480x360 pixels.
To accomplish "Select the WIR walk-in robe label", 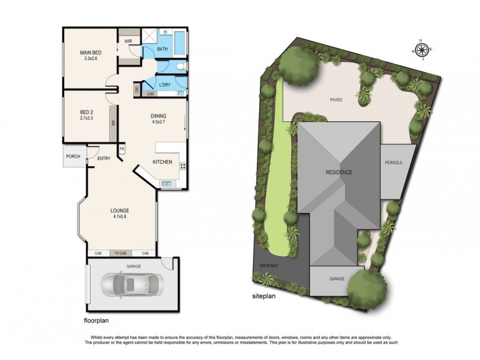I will coord(128,41).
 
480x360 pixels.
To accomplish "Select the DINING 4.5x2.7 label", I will coord(158,119).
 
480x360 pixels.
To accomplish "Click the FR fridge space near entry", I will coord(122,149).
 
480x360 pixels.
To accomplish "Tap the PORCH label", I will coord(73,157).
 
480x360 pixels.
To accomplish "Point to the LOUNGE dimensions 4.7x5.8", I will coord(120,217).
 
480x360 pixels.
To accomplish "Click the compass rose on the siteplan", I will coord(421,50).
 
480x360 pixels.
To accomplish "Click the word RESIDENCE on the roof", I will coord(339,172).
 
